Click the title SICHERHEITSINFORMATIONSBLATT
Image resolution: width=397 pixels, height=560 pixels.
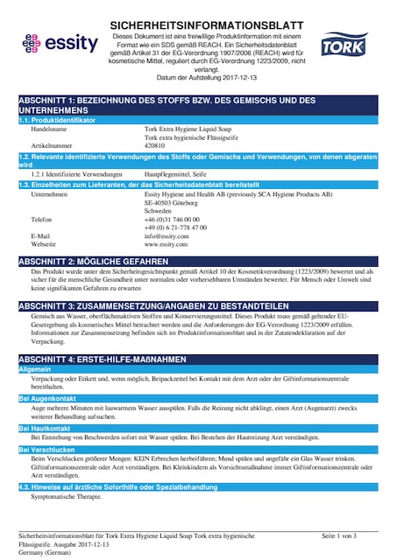(207, 27)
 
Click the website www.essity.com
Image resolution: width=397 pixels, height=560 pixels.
(166, 245)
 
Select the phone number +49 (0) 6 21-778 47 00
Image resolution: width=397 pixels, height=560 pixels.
(175, 227)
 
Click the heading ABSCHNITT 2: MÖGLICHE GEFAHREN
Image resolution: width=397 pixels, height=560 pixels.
(93, 262)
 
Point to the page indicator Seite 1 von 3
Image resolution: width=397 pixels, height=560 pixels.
(339, 535)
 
